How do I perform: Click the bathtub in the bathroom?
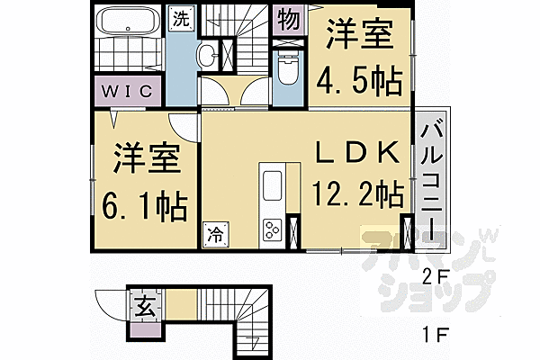(x=129, y=22)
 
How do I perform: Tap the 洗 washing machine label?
(x=181, y=19)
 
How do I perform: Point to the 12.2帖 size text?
(x=356, y=193)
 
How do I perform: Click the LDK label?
(x=355, y=153)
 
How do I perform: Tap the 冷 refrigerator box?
(x=216, y=234)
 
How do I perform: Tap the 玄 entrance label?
(x=144, y=307)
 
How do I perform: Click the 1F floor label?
(x=437, y=338)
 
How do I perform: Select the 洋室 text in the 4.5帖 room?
(x=359, y=39)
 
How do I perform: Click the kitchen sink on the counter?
(x=272, y=186)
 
